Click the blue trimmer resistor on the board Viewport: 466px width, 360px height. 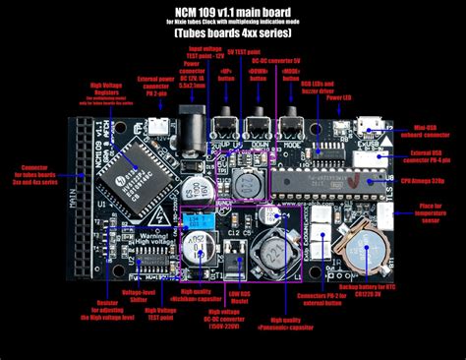click(200, 223)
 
